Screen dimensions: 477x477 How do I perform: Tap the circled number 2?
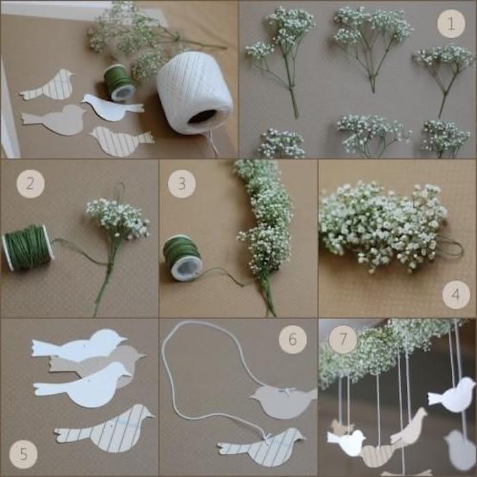tap(30, 183)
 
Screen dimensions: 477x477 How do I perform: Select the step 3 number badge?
tap(181, 183)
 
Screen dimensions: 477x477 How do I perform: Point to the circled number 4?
tap(455, 295)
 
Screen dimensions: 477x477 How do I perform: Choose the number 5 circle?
tap(23, 452)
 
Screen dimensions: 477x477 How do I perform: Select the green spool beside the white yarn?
tap(119, 82)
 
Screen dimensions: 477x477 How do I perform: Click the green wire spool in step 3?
tap(182, 258)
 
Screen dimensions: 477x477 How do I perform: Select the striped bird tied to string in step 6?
tap(262, 447)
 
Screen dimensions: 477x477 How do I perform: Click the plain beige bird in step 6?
tap(283, 402)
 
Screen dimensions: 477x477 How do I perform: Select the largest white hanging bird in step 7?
tap(453, 395)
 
